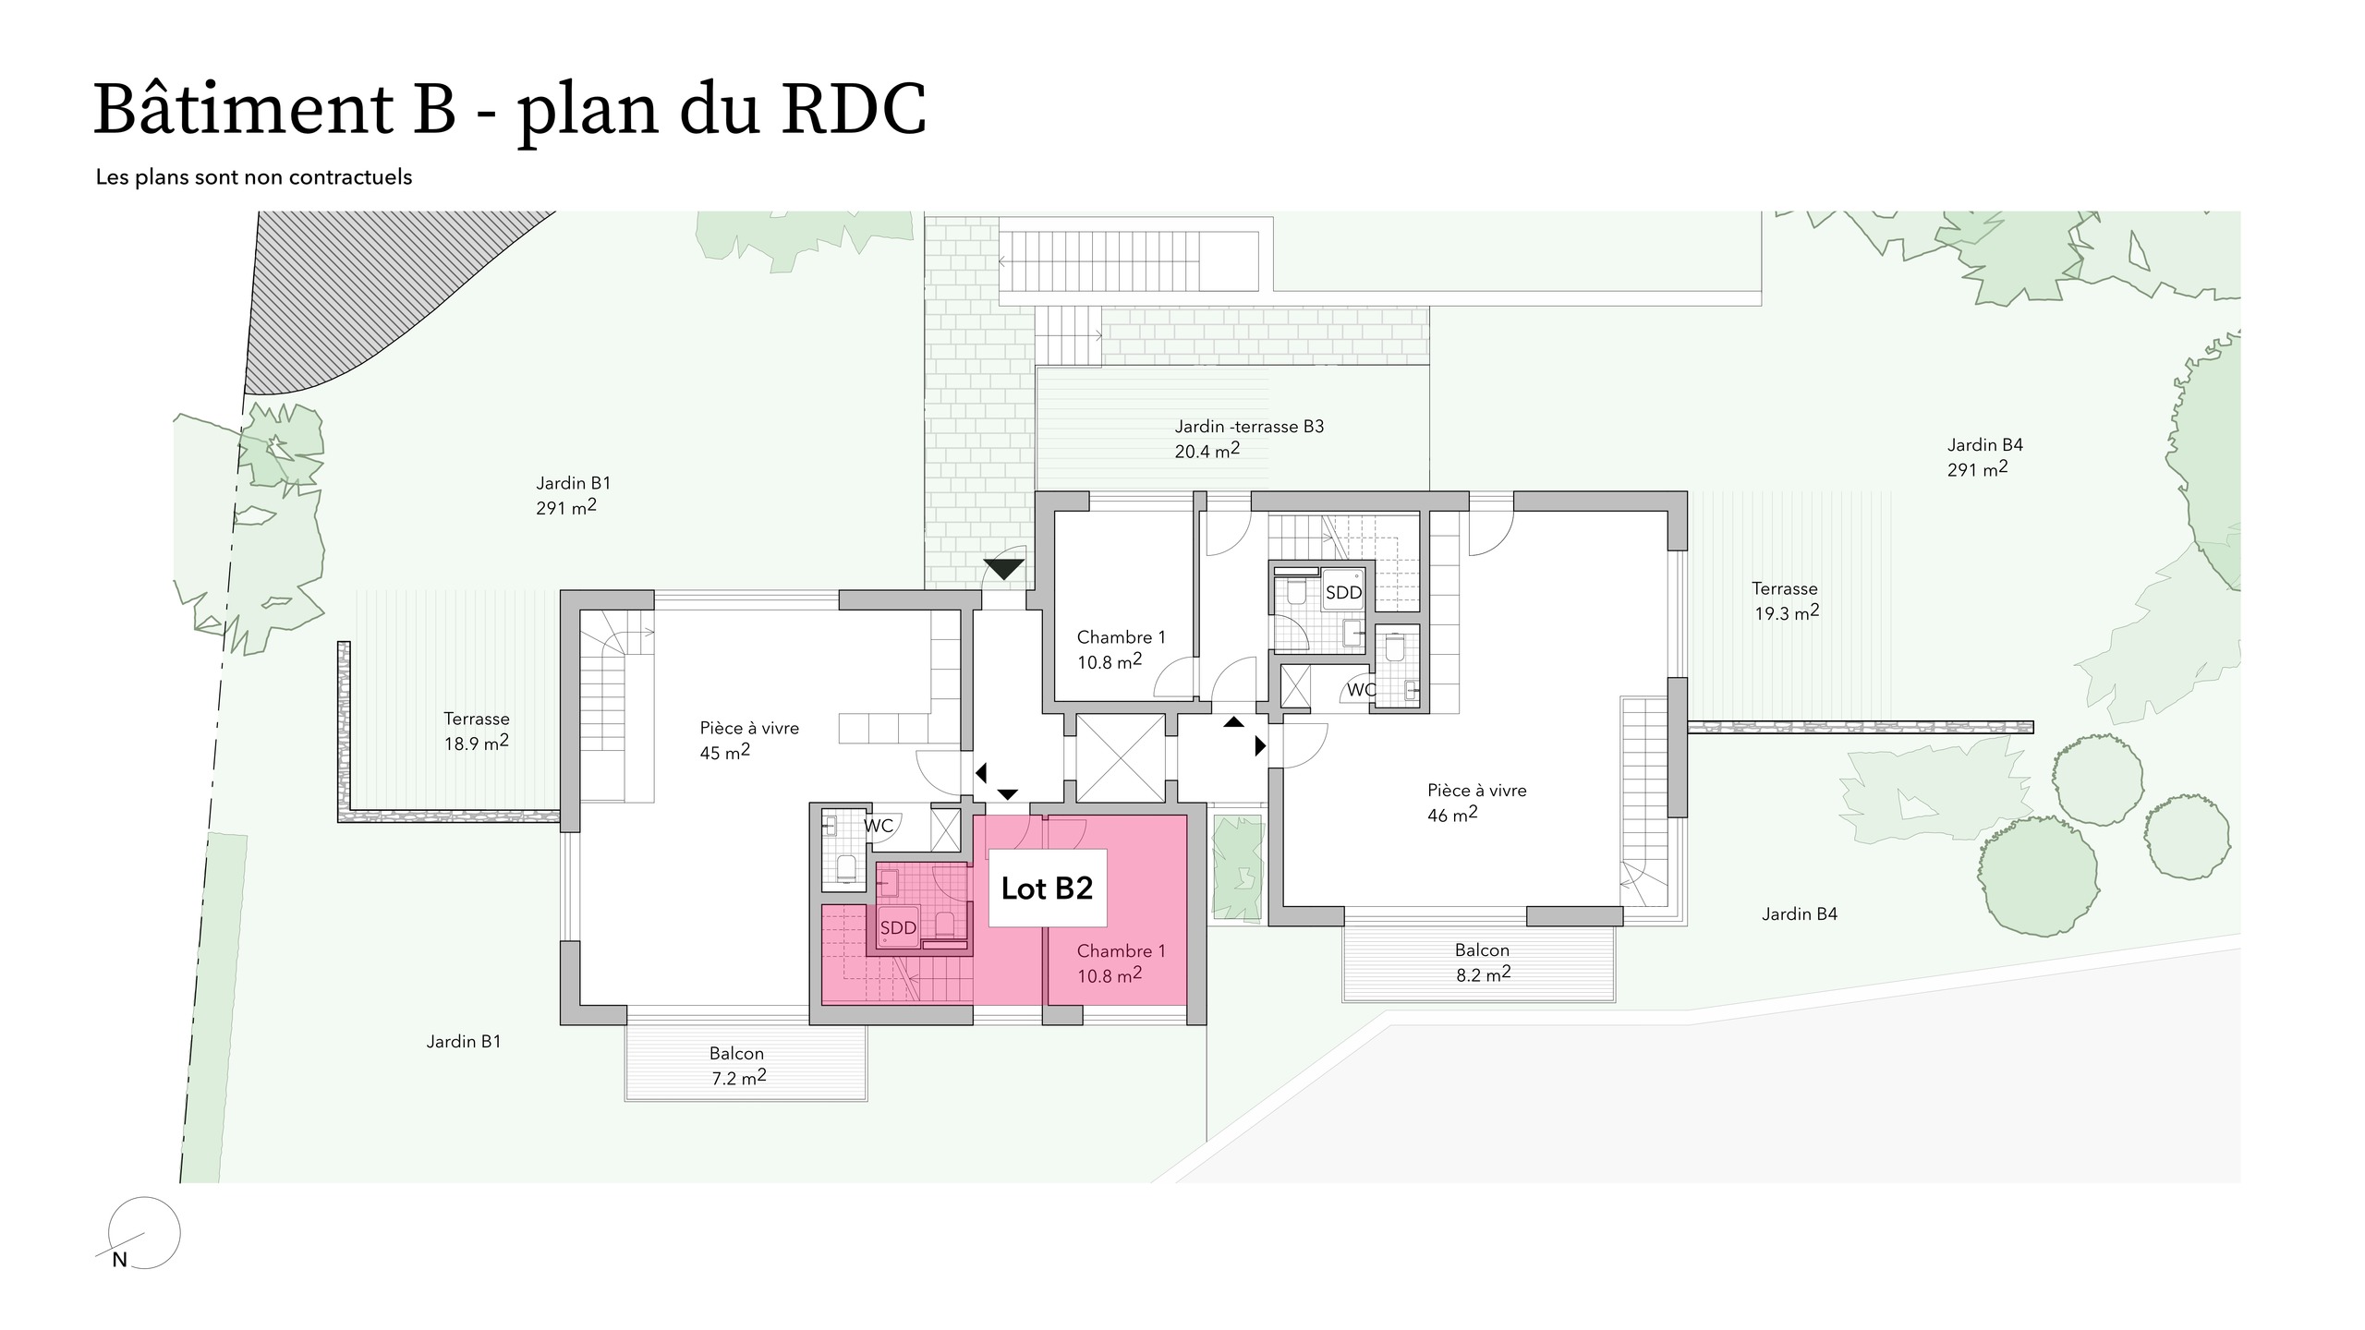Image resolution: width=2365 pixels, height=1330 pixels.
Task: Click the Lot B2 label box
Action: coord(1048,888)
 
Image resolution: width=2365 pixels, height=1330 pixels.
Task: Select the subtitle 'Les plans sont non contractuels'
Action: coord(254,177)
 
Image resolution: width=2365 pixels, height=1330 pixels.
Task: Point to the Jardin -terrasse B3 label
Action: coord(1249,438)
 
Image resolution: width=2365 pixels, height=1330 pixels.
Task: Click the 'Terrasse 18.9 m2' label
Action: coord(477,731)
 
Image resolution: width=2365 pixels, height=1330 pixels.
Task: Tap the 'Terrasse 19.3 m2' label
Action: coord(1786,600)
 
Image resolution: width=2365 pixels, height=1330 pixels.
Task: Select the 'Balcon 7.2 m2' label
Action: coord(737,1065)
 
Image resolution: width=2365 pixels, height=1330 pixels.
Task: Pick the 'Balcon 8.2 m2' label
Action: coord(1483,961)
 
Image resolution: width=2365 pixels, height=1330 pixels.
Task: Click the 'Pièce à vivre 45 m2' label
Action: coord(748,740)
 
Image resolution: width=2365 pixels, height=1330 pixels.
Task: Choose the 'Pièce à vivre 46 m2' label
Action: coord(1476,802)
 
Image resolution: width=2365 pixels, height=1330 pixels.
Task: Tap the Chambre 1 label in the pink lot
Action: coord(1121,962)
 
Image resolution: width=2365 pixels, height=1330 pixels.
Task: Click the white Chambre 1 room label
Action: coord(1121,648)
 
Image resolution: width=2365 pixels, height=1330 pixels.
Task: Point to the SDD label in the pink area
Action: coord(898,927)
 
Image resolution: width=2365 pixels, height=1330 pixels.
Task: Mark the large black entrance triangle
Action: coord(1004,568)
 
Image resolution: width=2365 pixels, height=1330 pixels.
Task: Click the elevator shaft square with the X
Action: coord(1120,758)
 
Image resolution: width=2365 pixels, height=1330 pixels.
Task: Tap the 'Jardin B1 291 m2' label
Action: coord(573,495)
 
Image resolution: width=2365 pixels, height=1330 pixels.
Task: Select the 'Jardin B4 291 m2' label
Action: coord(1984,456)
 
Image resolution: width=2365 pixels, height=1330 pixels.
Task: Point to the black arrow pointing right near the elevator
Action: coord(1260,745)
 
